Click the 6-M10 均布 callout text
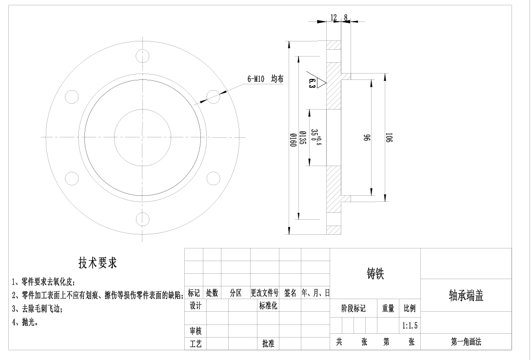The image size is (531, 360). click(x=265, y=79)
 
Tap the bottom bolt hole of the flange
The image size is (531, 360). click(x=142, y=219)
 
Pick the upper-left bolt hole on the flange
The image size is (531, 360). click(x=72, y=96)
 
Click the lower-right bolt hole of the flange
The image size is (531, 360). click(x=213, y=178)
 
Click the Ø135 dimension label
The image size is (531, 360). click(x=302, y=138)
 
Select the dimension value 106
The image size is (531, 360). click(x=388, y=137)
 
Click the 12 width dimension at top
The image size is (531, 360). click(x=334, y=18)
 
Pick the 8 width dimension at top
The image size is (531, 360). click(x=346, y=18)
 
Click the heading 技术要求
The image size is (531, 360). click(x=98, y=263)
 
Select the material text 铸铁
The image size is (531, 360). click(x=375, y=274)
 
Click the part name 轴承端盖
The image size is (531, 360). click(x=466, y=296)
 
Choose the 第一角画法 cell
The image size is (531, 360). click(x=466, y=342)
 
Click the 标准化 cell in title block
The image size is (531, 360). click(x=268, y=306)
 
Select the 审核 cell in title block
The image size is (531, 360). click(x=195, y=331)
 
